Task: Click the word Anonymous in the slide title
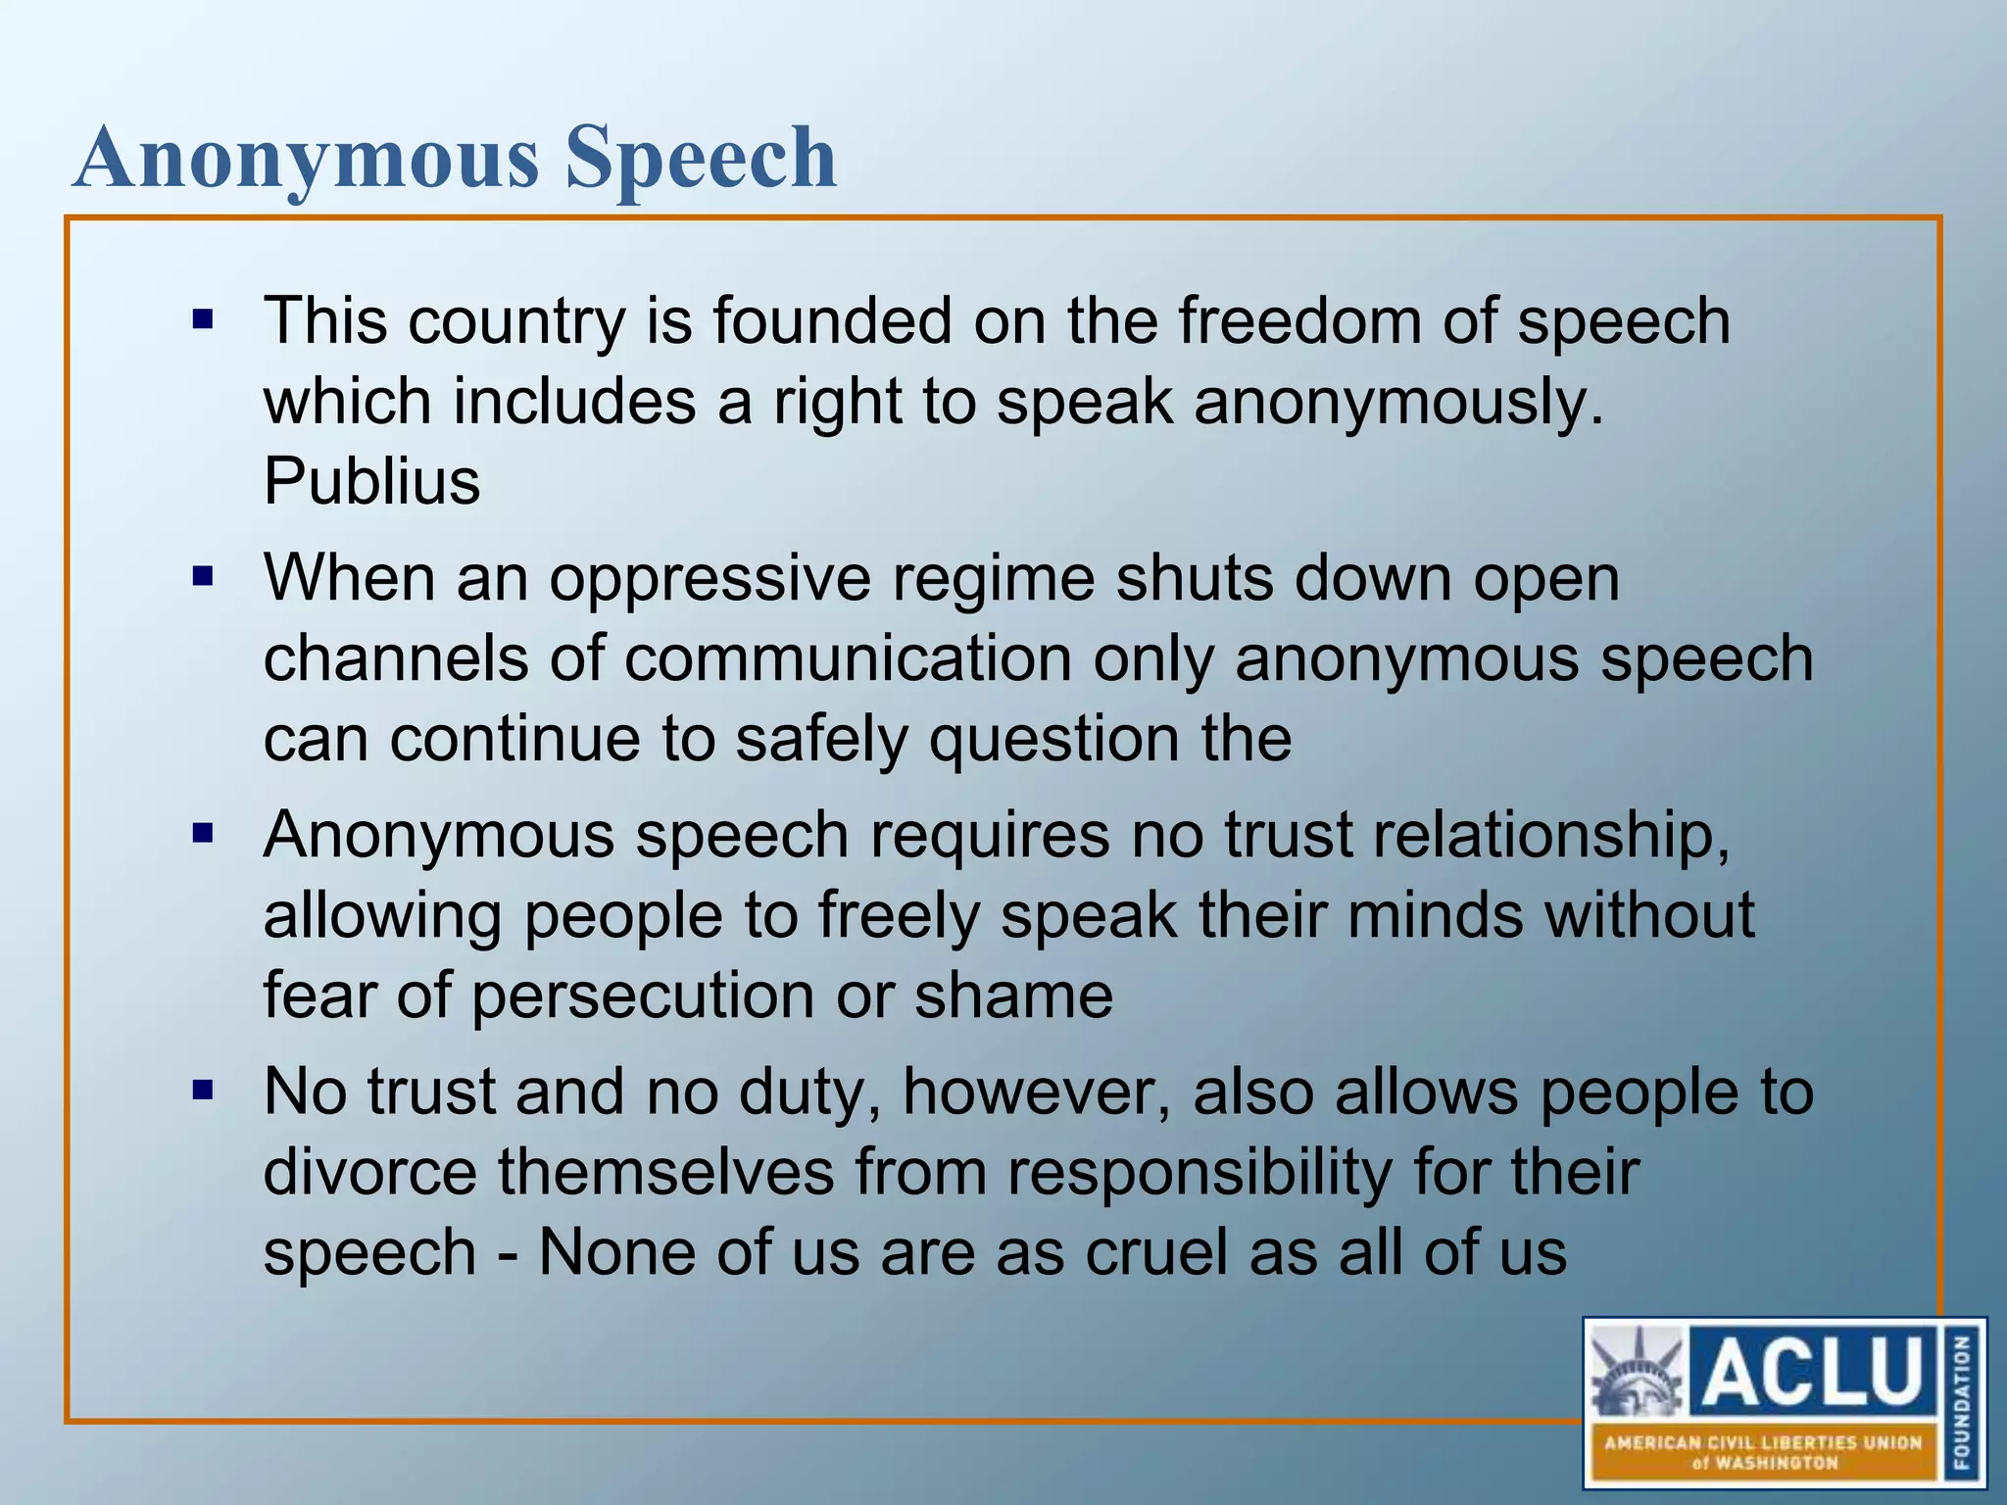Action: (307, 159)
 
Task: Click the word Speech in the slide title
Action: (701, 159)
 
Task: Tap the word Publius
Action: (372, 481)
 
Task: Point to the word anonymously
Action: (1398, 402)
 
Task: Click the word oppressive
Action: (710, 578)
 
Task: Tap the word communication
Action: (848, 658)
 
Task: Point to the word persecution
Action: (644, 996)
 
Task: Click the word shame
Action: (1013, 996)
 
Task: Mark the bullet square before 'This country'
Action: (203, 319)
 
